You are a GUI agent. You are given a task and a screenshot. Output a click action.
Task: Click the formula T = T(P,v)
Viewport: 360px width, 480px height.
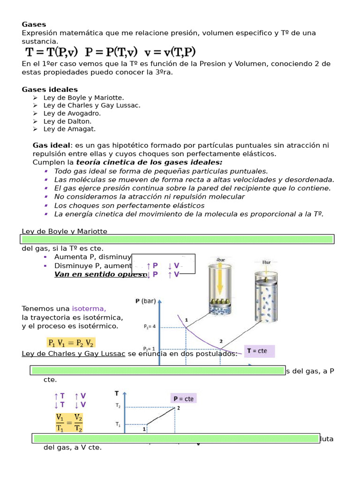[x=51, y=52]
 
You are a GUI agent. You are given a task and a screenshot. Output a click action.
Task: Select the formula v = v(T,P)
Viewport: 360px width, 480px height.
[x=170, y=52]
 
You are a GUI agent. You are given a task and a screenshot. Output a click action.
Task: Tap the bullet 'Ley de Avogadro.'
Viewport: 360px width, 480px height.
[x=72, y=113]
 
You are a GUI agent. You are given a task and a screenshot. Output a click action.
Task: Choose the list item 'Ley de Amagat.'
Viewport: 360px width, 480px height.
[x=69, y=129]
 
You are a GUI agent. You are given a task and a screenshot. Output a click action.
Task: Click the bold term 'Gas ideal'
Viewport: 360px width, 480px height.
[x=51, y=146]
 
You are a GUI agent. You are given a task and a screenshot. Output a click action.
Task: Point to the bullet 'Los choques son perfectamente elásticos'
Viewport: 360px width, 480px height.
[x=129, y=205]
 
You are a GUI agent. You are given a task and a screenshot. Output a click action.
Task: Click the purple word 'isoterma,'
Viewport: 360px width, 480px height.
[x=89, y=308]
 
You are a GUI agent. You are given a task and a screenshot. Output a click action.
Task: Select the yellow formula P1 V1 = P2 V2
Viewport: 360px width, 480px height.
[x=71, y=343]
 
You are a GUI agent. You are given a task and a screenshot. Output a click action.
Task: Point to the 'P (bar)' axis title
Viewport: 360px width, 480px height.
[x=146, y=301]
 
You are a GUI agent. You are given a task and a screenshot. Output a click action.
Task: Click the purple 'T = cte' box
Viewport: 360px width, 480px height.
[x=260, y=351]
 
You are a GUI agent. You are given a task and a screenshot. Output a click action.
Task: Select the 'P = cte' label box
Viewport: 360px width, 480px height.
[x=183, y=398]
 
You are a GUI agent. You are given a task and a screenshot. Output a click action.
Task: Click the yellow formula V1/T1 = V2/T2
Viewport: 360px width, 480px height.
[x=69, y=422]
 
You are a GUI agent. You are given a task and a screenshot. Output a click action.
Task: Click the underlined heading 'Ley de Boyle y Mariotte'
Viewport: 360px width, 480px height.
[x=65, y=231]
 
